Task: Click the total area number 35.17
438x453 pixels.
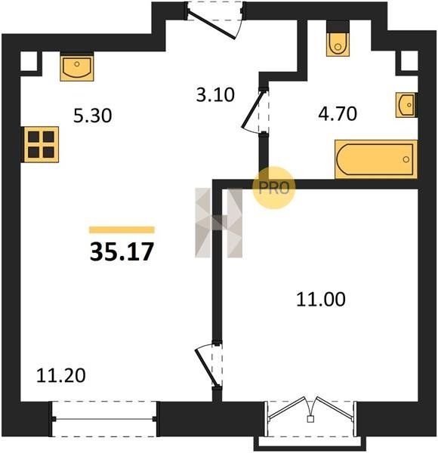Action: click(122, 251)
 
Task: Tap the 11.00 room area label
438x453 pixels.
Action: click(321, 299)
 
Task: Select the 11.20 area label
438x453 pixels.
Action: click(61, 375)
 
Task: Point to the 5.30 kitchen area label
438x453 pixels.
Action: click(92, 116)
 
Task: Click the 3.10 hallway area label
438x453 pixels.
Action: click(215, 95)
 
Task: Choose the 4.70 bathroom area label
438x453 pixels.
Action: click(338, 113)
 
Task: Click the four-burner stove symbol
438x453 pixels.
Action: click(42, 144)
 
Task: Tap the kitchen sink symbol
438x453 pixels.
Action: click(77, 66)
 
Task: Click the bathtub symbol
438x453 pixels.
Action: click(376, 159)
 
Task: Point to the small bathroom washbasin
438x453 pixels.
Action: click(406, 105)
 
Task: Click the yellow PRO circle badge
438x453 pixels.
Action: click(274, 188)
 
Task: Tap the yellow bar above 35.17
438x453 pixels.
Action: click(122, 230)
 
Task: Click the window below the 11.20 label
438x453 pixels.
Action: click(104, 419)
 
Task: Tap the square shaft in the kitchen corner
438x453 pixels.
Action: click(29, 61)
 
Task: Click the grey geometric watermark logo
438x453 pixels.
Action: click(219, 223)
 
